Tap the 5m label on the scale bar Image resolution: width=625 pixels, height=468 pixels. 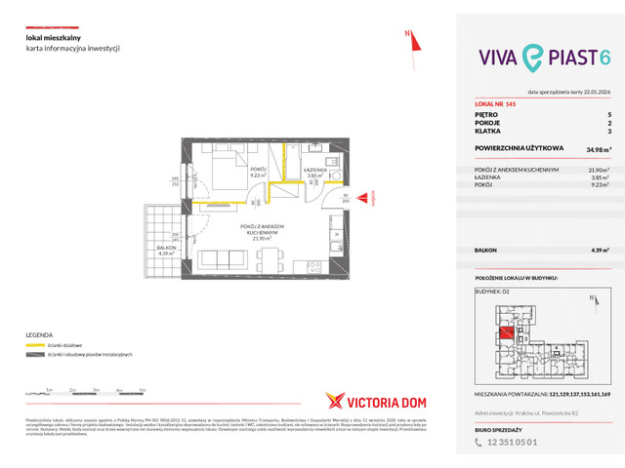tap(143, 389)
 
